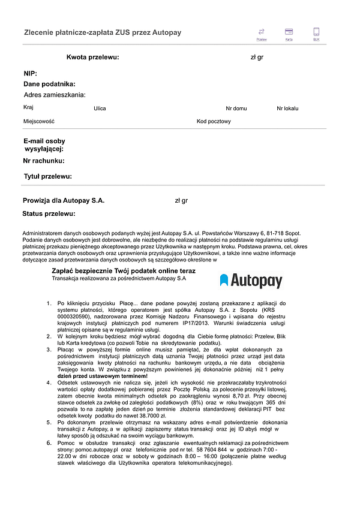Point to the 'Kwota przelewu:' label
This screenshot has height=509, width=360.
(92, 58)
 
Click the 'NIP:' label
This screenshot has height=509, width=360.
(31, 73)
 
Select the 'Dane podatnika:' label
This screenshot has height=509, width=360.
(49, 84)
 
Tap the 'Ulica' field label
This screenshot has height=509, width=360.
(100, 109)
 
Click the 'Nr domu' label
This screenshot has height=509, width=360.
(236, 109)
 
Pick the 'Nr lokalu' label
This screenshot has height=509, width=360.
(287, 109)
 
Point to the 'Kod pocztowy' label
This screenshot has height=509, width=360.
(214, 121)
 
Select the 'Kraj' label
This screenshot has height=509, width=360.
(28, 107)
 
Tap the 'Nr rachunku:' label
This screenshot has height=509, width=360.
(44, 161)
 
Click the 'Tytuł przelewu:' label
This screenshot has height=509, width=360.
(47, 176)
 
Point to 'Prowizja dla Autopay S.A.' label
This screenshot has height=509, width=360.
(64, 200)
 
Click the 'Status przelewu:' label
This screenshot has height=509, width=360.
(49, 213)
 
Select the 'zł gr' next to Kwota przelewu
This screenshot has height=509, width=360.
(257, 58)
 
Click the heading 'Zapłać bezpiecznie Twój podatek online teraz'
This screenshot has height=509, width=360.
(128, 271)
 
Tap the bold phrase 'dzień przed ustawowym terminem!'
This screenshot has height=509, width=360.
(102, 376)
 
